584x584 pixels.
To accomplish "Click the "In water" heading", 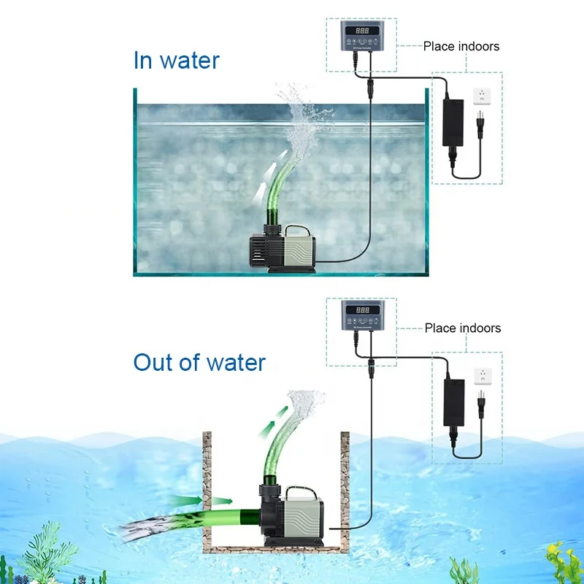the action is coord(176,60).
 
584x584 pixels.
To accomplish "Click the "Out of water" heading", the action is coord(199,362).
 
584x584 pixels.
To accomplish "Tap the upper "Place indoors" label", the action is coord(461,46).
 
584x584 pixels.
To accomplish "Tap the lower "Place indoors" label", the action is coord(463,328).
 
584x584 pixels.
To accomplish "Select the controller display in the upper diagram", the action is coord(362,30).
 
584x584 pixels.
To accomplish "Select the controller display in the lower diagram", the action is coord(362,310).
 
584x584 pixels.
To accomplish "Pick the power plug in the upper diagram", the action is coord(480,126).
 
